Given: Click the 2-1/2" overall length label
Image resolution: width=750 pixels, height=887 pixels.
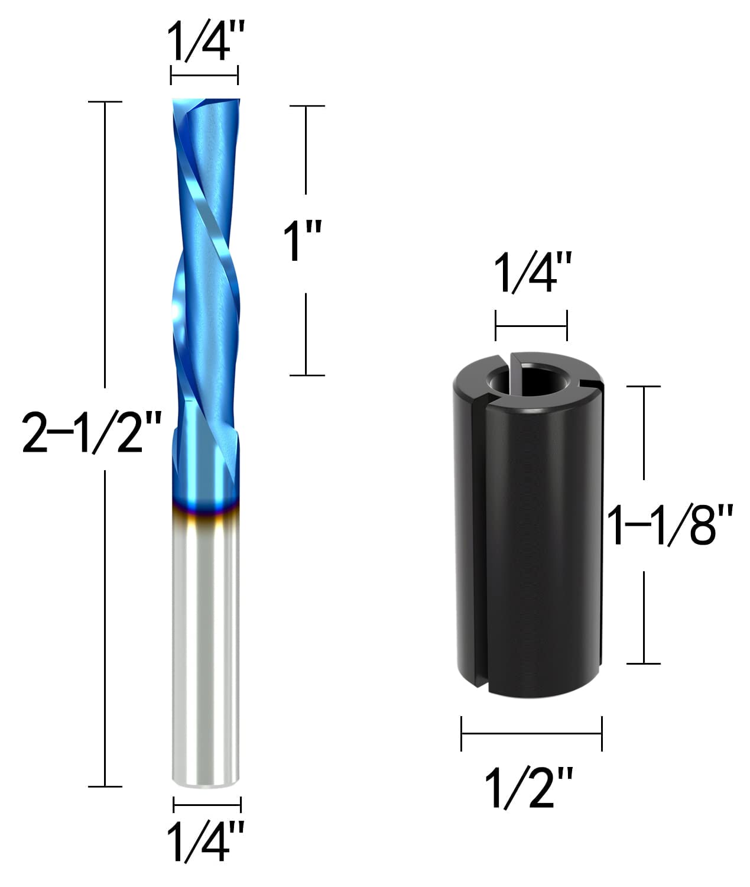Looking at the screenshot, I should [91, 432].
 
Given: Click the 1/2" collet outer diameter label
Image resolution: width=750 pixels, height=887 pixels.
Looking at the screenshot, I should [528, 787].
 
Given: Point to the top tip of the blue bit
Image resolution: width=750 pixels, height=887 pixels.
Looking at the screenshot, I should [206, 102].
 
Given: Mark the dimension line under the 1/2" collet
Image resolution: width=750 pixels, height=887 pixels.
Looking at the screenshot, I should [531, 734].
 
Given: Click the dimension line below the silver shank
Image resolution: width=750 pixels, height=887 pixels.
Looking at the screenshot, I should [207, 804].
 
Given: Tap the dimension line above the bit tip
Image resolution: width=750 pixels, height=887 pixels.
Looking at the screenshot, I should [204, 75].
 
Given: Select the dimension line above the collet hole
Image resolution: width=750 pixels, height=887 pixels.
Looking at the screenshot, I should [531, 325].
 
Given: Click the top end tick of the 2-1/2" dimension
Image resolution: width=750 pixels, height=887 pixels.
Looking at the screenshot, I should [105, 102].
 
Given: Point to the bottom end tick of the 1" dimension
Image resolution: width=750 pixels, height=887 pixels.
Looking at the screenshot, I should [306, 375].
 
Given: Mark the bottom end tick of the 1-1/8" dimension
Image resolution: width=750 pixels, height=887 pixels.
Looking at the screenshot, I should [643, 663].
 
